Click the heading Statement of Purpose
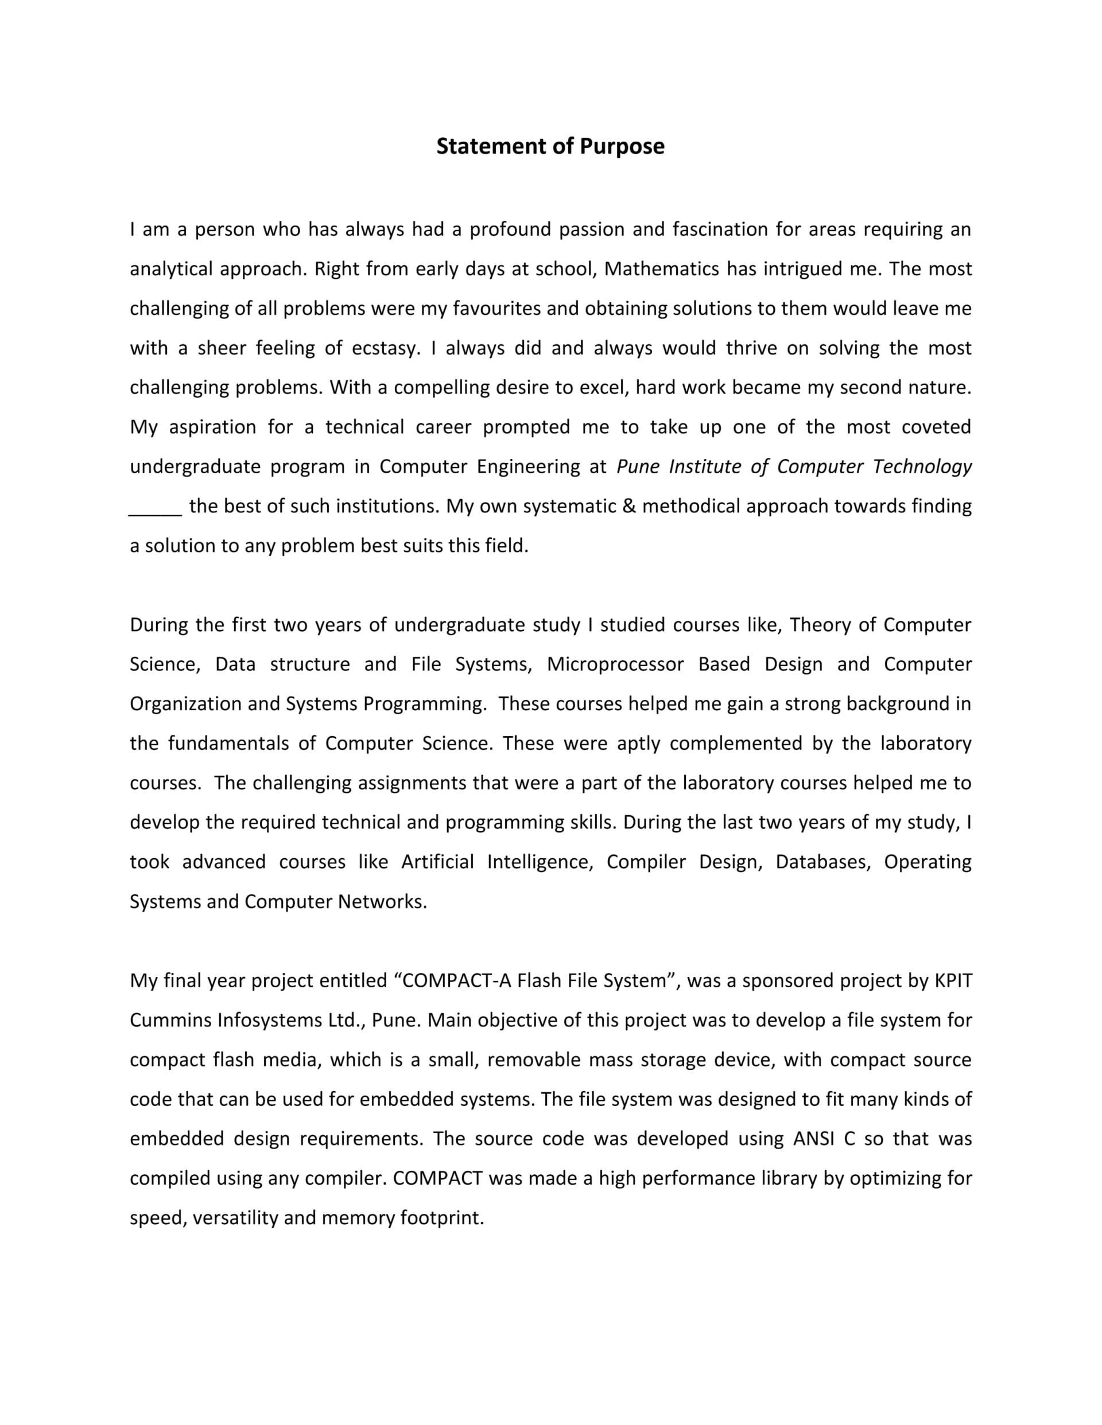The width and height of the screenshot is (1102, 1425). coord(550,146)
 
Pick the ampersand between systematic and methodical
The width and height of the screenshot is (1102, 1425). coord(629,507)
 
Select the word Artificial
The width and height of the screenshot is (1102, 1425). coord(437,862)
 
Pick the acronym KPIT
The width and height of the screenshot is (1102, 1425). coord(953,980)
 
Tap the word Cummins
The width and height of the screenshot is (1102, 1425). coord(170,1021)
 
